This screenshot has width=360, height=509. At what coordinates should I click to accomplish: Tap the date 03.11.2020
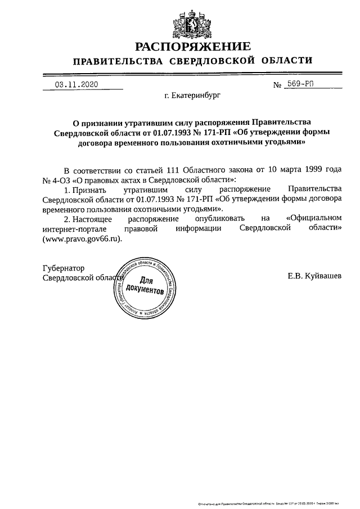[76, 84]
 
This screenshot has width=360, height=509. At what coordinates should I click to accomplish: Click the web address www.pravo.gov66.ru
[81, 238]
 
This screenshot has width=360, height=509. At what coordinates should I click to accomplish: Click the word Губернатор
[63, 268]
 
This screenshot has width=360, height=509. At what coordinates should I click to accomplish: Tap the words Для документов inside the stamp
[145, 286]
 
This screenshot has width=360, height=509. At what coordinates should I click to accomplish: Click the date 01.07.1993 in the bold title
[166, 132]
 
